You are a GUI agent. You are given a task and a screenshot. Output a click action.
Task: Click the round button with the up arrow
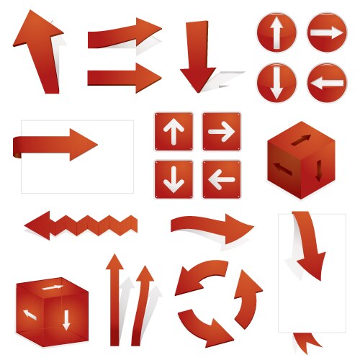coord(276,33)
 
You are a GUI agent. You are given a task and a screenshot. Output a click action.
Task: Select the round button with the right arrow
coord(327,33)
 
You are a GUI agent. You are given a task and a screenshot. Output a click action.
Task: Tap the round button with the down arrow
coord(276,82)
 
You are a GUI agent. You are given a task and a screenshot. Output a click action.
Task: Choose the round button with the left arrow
coord(327,83)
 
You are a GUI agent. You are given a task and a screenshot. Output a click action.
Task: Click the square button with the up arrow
coord(174,131)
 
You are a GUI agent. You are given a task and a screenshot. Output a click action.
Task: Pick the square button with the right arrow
coord(221,131)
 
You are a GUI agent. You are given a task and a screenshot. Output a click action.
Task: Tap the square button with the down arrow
coord(174,179)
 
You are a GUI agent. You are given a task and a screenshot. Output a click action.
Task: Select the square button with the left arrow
coord(221,179)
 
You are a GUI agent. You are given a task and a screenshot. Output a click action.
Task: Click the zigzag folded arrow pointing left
coord(79,225)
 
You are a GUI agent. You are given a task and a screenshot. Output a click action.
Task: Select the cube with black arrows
coord(300,159)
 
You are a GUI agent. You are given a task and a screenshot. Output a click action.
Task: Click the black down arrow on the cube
coord(319,170)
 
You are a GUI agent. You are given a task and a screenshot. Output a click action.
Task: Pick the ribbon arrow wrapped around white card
coord(58,144)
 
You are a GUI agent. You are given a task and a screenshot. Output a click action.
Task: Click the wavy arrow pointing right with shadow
coord(212,228)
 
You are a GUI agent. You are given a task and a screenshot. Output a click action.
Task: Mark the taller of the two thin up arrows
coord(113,299)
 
